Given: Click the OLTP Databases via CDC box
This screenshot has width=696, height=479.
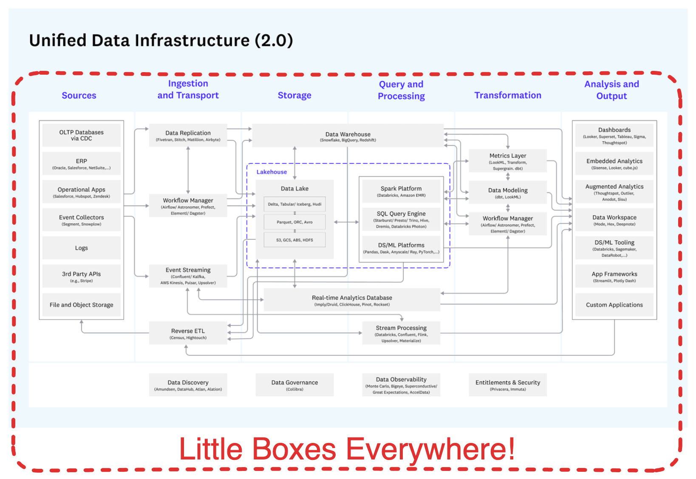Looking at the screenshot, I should pyautogui.click(x=81, y=135).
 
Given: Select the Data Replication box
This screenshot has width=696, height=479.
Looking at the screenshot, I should pyautogui.click(x=188, y=135).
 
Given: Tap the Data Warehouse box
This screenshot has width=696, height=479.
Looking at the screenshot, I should pyautogui.click(x=348, y=136).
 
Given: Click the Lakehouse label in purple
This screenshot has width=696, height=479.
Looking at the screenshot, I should pyautogui.click(x=272, y=172).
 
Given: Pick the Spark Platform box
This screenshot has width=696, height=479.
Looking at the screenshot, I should pyautogui.click(x=401, y=191).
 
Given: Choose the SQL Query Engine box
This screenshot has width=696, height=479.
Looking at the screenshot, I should pyautogui.click(x=401, y=219).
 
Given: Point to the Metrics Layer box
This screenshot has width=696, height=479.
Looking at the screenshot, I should pyautogui.click(x=507, y=161).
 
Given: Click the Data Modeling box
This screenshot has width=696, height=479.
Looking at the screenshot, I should pyautogui.click(x=507, y=193).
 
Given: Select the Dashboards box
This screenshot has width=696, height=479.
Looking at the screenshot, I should pyautogui.click(x=614, y=135).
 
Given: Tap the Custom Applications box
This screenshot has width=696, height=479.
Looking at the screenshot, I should pyautogui.click(x=614, y=305).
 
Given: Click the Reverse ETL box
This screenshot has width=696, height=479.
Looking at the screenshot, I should pyautogui.click(x=188, y=333).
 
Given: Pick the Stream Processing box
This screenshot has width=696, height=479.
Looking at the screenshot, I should pyautogui.click(x=401, y=333).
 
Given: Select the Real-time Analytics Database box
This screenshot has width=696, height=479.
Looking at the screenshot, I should pyautogui.click(x=352, y=300).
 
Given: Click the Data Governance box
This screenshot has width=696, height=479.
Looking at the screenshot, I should pyautogui.click(x=294, y=385).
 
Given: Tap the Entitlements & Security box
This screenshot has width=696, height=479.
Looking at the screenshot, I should pyautogui.click(x=507, y=385).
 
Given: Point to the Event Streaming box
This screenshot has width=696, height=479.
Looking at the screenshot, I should pyautogui.click(x=188, y=276).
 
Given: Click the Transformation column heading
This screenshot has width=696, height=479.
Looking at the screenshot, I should pyautogui.click(x=508, y=95).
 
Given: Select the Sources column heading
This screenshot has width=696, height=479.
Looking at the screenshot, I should pyautogui.click(x=79, y=95).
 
